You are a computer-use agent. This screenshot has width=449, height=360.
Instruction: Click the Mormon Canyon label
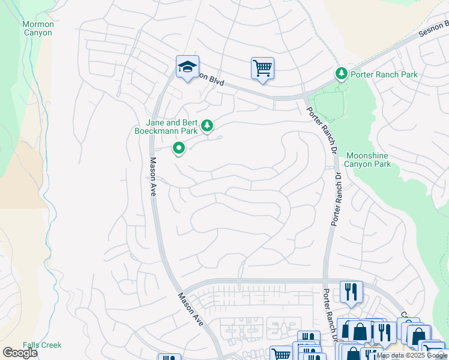[x=38, y=28]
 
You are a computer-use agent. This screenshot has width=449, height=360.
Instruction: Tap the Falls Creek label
[x=42, y=345]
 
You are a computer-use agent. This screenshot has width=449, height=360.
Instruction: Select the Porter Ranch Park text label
[x=384, y=74]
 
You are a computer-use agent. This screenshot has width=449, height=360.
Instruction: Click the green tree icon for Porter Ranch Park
[x=342, y=74]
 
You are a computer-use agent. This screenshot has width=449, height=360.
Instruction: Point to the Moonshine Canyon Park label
[x=368, y=160]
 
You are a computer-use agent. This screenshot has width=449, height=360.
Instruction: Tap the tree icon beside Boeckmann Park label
[x=207, y=125]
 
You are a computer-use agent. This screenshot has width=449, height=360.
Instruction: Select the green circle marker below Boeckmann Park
[x=179, y=148]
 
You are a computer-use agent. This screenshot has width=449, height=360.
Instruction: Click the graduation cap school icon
[x=187, y=67]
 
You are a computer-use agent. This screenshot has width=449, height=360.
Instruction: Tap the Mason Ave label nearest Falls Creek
[x=191, y=308]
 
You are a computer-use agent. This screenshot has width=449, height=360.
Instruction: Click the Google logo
[x=20, y=353]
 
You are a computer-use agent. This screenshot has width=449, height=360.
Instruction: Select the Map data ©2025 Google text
[x=412, y=355]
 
